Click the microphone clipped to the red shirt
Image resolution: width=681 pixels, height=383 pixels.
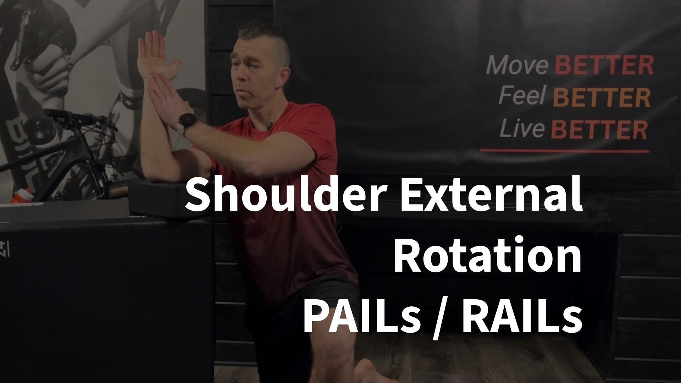click(270, 125)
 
